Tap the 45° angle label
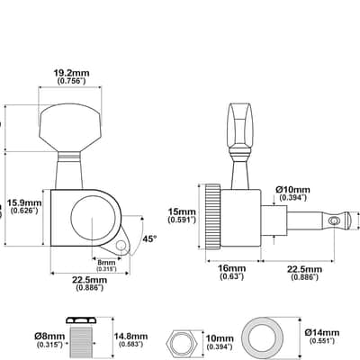click(149, 239)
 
